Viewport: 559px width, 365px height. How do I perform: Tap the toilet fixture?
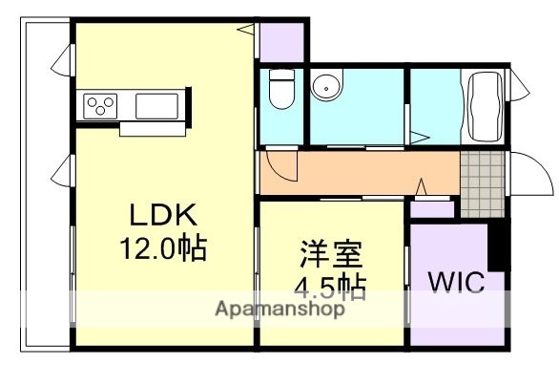tap(280, 91)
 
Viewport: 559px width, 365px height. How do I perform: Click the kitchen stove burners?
tap(100, 103)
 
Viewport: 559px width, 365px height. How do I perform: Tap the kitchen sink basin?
tap(155, 103)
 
